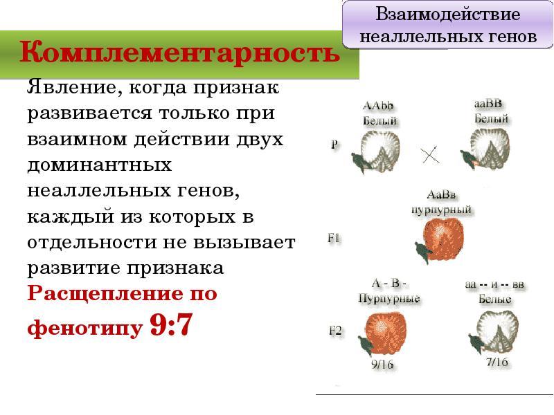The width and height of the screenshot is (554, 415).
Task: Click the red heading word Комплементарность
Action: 179,53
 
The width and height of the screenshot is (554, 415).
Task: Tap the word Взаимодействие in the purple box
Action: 447,14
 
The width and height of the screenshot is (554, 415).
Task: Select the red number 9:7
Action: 171,324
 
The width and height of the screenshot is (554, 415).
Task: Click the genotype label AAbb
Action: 378,106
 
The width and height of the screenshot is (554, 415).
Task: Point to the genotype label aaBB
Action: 488,103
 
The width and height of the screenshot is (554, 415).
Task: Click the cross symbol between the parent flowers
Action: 429,154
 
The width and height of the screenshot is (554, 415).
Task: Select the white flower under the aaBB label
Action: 485,149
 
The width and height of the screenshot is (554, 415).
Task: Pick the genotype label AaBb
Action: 441,195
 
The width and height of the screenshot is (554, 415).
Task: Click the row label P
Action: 334,145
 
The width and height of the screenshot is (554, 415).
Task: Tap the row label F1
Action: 334,238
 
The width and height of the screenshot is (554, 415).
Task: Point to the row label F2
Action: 335,331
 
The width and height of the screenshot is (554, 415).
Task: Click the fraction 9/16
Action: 382,364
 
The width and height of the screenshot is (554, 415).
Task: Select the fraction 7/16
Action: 497,362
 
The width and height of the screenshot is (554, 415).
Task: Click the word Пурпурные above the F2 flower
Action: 389,299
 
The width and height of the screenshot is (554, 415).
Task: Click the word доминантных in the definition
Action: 99,165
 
